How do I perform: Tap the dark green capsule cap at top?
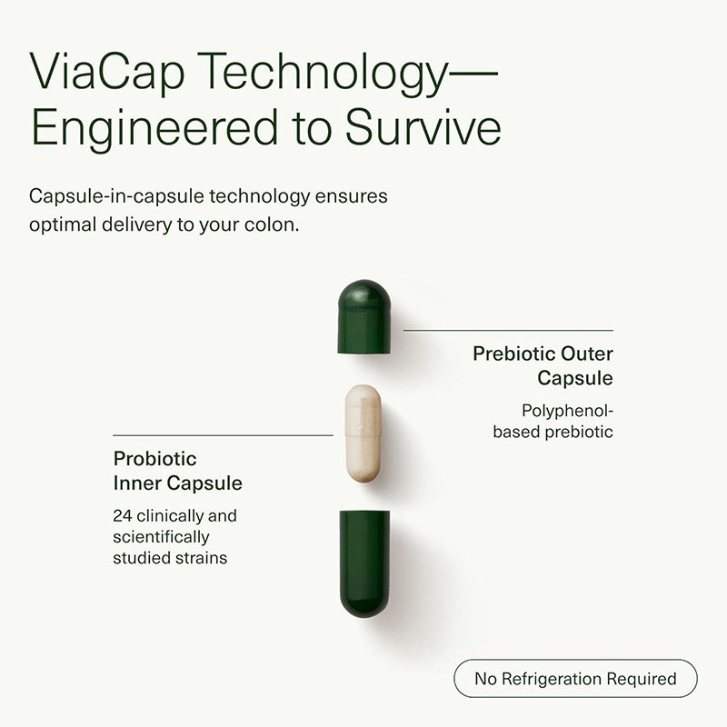click(x=363, y=316)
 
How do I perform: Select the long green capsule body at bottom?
click(x=363, y=563)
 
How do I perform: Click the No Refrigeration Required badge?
click(x=575, y=679)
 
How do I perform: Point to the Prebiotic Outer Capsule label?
click(x=543, y=365)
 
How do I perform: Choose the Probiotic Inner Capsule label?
click(x=177, y=470)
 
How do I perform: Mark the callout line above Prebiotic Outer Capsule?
click(x=508, y=330)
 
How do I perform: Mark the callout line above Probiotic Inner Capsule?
click(x=223, y=435)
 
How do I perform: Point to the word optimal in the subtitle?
click(x=65, y=225)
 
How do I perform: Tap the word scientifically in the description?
click(x=161, y=537)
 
